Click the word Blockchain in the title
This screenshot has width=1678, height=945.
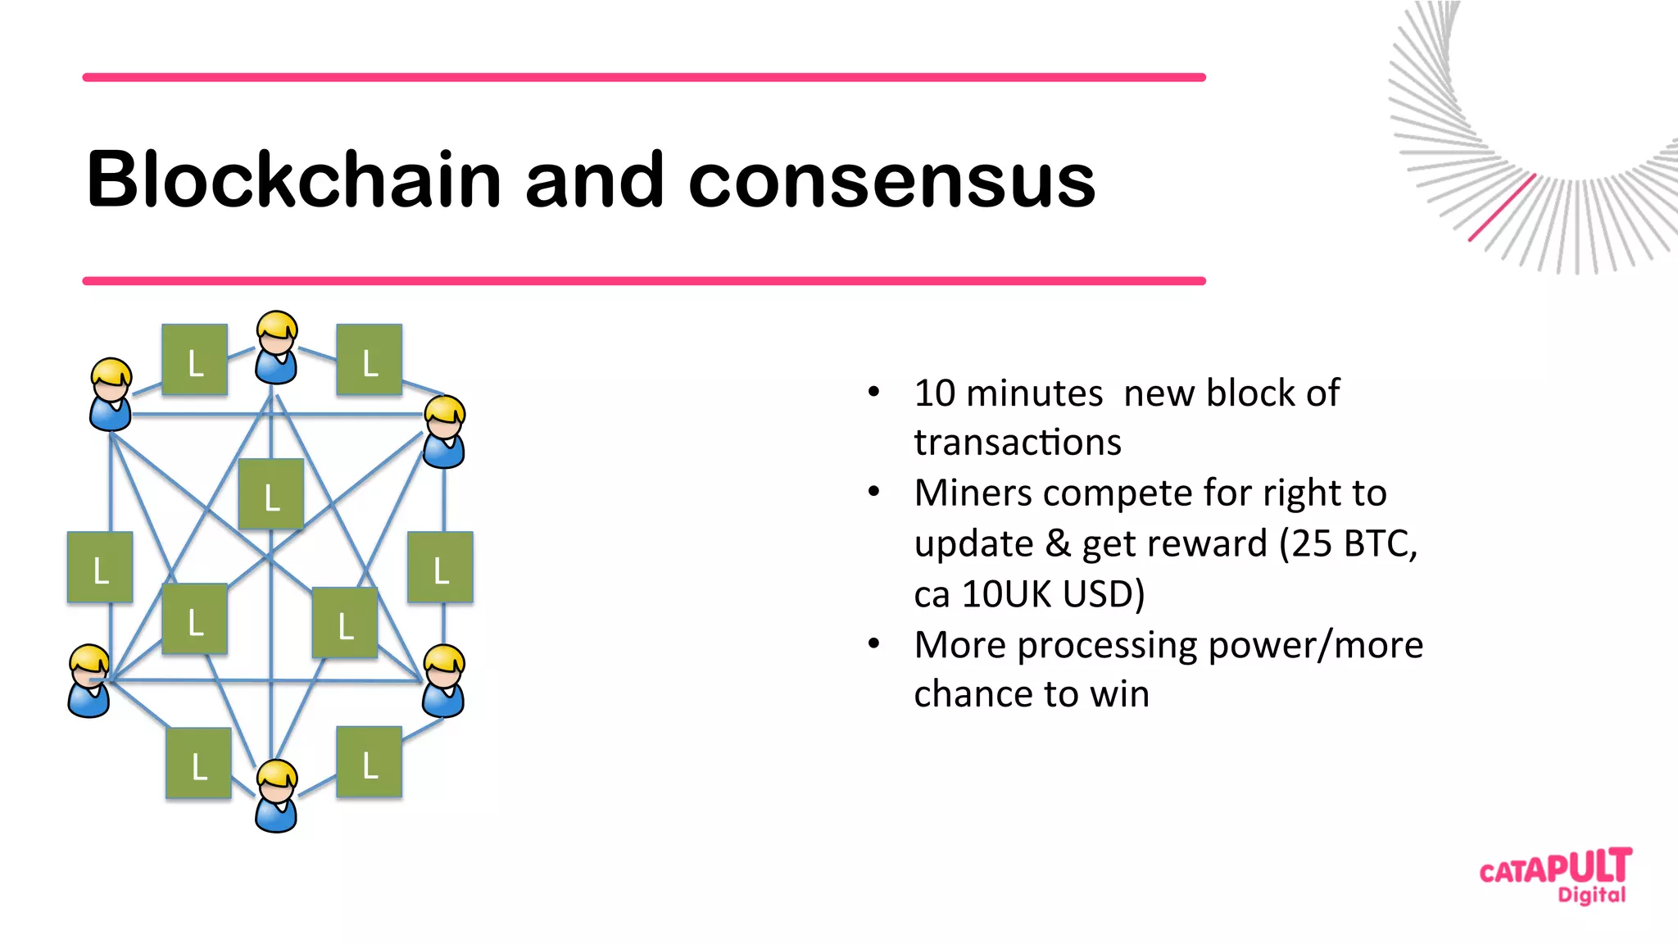[293, 179]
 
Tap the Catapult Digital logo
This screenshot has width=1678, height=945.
[1555, 875]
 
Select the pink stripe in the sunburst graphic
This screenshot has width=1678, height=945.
[1501, 208]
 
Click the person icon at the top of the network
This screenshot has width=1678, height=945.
[277, 348]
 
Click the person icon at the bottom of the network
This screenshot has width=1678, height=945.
[277, 796]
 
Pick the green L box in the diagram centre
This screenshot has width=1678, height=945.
[271, 494]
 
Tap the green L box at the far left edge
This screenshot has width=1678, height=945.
[100, 567]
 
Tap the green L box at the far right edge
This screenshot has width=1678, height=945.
[441, 567]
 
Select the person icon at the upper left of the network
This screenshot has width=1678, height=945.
[111, 394]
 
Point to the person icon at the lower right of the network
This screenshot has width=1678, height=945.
[444, 681]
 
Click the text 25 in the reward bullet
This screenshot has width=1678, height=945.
[1313, 543]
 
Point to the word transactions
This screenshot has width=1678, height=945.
[1017, 443]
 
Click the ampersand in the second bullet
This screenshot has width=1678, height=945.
[1058, 543]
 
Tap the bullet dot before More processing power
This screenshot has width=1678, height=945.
[874, 644]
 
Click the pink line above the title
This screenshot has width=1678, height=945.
[644, 77]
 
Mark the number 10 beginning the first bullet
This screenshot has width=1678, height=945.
[935, 393]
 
